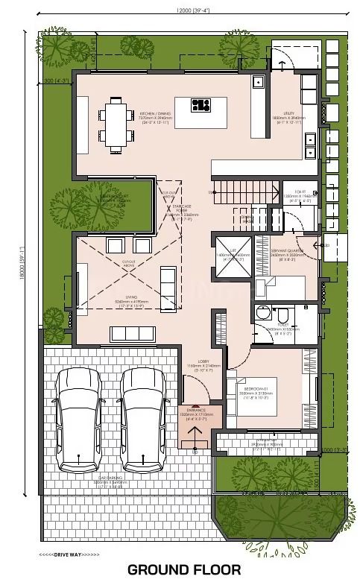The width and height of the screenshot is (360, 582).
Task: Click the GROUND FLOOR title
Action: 183,569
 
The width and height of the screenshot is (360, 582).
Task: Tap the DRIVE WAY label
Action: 69,554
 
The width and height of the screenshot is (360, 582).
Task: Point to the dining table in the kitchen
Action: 116,124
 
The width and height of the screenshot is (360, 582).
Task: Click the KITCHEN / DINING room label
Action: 157,117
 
